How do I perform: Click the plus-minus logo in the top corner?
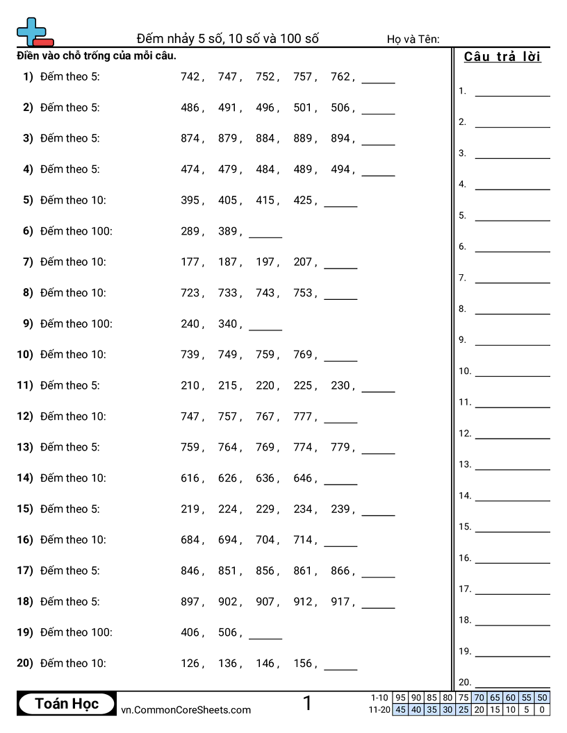coord(34,32)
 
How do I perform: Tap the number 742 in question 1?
coord(190,77)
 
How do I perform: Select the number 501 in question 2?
coord(302,108)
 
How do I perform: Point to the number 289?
coord(190,231)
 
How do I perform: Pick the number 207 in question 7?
coord(302,262)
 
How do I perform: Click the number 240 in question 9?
coord(190,323)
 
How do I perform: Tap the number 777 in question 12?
coord(302,416)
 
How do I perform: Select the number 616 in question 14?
coord(190,478)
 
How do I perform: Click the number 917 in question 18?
coord(340,602)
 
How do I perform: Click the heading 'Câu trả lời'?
coord(502,57)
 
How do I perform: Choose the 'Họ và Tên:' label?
coord(413,40)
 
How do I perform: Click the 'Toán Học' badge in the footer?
coord(67,704)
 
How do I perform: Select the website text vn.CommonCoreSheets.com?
coord(186,709)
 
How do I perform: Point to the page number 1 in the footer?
coord(308,704)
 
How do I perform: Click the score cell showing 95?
coord(400,698)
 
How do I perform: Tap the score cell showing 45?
coord(400,709)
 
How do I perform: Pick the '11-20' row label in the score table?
coord(379,709)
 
